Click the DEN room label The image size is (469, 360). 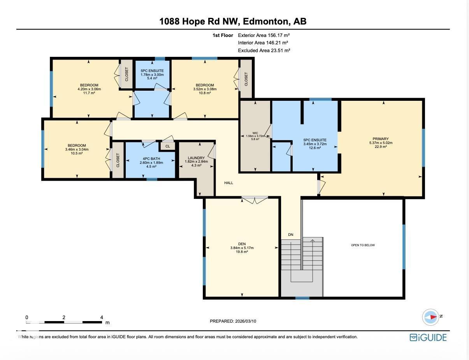click(242, 244)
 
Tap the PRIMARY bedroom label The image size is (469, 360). click(381, 139)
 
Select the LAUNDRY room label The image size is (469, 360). click(196, 158)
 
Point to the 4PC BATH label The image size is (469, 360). click(151, 159)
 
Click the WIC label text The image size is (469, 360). click(255, 133)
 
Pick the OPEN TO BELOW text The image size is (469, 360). click(363, 245)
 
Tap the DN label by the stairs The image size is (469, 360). click(290, 234)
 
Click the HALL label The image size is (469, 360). click(228, 183)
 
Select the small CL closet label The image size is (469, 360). click(167, 146)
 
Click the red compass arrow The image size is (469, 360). click(434, 317)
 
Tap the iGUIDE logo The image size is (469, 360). click(428, 337)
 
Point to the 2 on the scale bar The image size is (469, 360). click(64, 317)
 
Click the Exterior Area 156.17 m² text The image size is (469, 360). click(264, 35)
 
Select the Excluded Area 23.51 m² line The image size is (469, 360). click(264, 50)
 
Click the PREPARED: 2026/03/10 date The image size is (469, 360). click(233, 321)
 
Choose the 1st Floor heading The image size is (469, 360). click(223, 35)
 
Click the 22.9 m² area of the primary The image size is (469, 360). click(381, 147)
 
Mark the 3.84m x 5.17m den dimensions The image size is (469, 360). click(242, 248)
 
